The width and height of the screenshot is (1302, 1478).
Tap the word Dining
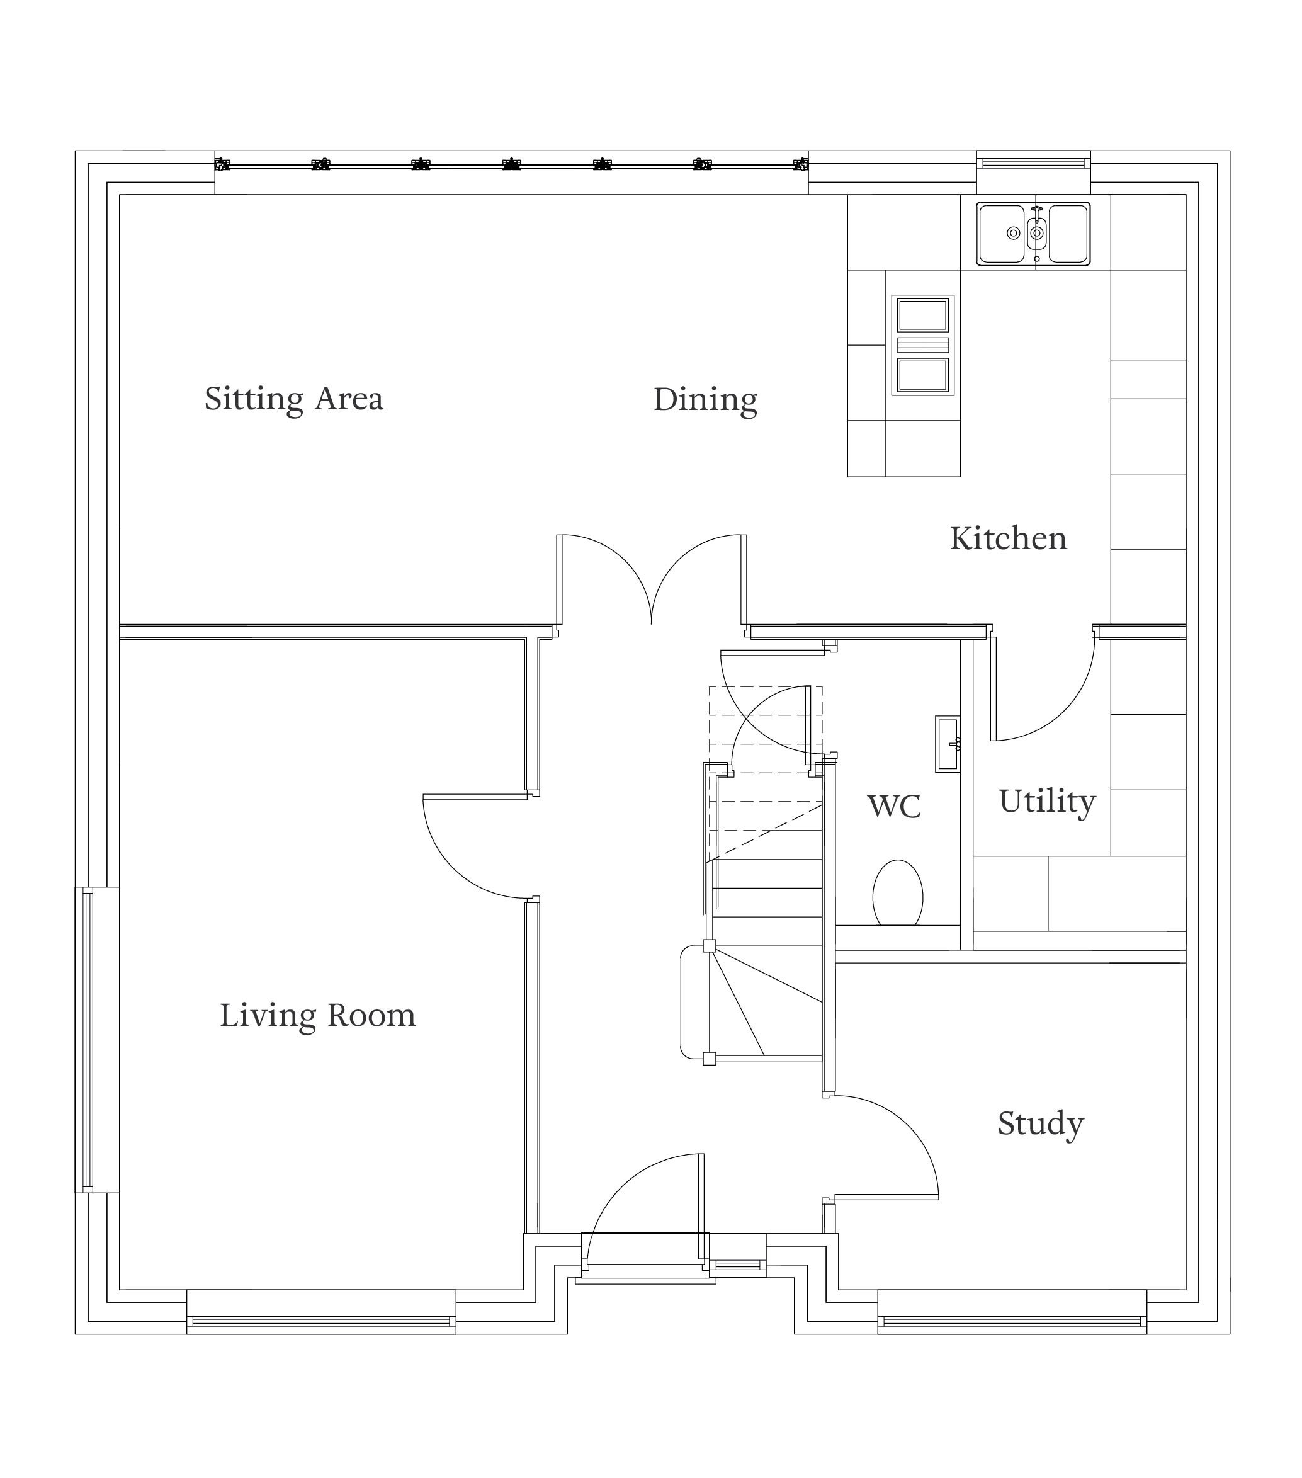[705, 400]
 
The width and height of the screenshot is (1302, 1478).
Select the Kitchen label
[1009, 538]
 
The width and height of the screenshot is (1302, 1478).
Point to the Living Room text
[318, 1016]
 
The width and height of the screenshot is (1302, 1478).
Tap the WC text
[894, 806]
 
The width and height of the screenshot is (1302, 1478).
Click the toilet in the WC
[898, 894]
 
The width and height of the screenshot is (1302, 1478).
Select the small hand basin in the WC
[948, 744]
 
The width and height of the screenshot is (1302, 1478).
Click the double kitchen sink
[1033, 234]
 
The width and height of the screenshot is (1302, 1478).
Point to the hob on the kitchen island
[922, 345]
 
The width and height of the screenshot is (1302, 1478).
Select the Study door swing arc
[908, 1127]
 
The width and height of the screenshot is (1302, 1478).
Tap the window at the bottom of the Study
[1012, 1322]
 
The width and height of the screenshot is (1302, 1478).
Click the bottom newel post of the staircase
[709, 1059]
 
